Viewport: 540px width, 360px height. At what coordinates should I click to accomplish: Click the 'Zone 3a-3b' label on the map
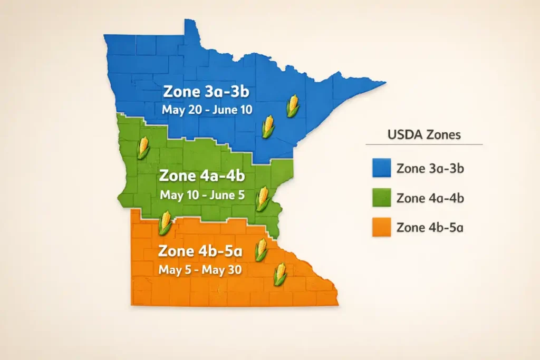pyautogui.click(x=206, y=91)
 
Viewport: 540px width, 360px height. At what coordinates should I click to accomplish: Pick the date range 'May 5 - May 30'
pyautogui.click(x=200, y=269)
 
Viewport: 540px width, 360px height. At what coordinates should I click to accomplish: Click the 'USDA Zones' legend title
pyautogui.click(x=424, y=134)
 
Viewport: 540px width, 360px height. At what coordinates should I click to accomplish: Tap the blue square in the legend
pyautogui.click(x=381, y=169)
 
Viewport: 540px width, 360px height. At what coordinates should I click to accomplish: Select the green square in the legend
pyautogui.click(x=381, y=198)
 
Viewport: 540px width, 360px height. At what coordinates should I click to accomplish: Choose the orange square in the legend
pyautogui.click(x=381, y=228)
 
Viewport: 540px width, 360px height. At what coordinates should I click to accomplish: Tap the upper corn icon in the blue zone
pyautogui.click(x=293, y=106)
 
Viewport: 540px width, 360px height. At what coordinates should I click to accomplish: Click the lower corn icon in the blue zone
pyautogui.click(x=268, y=127)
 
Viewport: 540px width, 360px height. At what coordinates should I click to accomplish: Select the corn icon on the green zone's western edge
pyautogui.click(x=143, y=148)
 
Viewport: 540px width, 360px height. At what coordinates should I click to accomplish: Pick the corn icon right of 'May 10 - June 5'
pyautogui.click(x=263, y=198)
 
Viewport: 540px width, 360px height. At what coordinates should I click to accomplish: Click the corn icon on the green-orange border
pyautogui.click(x=166, y=222)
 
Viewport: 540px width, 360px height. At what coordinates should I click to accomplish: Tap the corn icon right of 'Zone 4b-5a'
pyautogui.click(x=261, y=249)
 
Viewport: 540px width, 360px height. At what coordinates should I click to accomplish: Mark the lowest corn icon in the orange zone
pyautogui.click(x=281, y=274)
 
